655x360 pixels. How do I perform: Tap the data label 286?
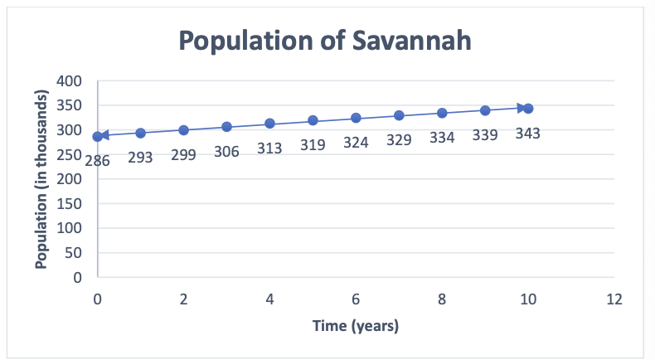(97, 161)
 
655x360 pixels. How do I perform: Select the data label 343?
(527, 133)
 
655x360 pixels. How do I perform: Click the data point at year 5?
(313, 121)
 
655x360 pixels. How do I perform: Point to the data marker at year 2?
(183, 130)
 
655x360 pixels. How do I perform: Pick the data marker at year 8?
(442, 113)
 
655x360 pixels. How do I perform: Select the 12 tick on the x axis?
(614, 299)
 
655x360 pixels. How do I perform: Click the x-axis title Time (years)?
(356, 326)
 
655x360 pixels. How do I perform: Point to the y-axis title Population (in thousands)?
(41, 179)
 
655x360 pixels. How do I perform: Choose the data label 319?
(313, 144)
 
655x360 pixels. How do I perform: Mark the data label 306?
(226, 151)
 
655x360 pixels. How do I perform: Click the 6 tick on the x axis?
(356, 299)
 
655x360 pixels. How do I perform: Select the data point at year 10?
(527, 109)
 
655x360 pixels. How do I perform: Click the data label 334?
(442, 137)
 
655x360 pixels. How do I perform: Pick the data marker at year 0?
(98, 137)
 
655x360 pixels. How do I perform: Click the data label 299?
(183, 154)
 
